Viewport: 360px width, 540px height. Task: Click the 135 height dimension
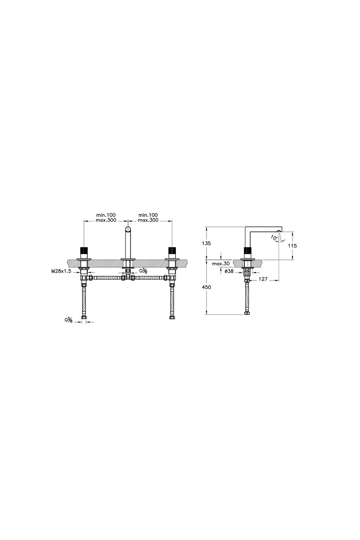206,243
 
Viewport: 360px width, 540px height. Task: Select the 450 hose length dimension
206,287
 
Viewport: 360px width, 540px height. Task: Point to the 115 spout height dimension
292,246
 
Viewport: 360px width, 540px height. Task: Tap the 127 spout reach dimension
263,279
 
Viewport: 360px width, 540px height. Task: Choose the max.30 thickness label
220,264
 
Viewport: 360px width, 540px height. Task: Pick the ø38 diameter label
229,271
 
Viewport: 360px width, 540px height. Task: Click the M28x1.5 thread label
61,271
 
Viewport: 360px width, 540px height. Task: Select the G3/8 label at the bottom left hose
68,320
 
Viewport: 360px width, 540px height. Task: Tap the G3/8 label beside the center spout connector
144,271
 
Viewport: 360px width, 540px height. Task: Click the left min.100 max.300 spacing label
106,217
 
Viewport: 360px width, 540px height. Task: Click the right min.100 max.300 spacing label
148,217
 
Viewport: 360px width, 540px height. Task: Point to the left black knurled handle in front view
83,250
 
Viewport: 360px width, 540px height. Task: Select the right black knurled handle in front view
172,250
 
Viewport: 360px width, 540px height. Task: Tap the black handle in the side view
247,250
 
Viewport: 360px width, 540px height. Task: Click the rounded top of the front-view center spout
128,230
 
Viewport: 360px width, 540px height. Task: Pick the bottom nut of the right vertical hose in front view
172,317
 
